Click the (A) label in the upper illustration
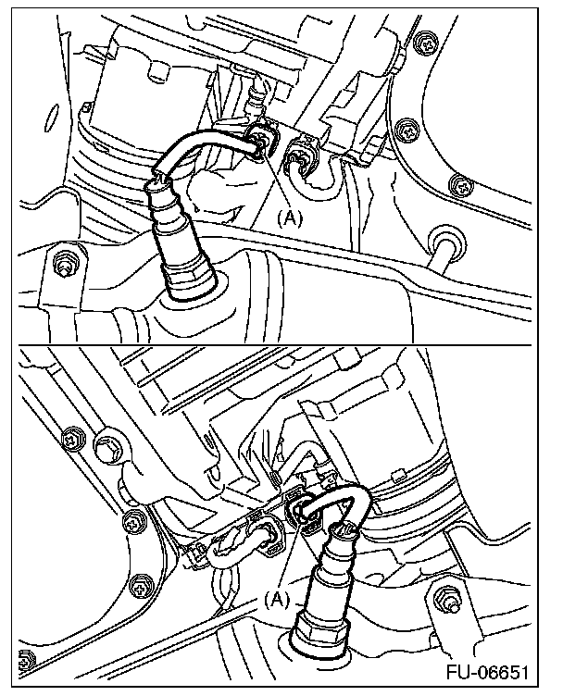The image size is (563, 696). (x=290, y=217)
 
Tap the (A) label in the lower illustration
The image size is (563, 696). (x=277, y=600)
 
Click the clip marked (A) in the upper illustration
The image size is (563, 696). (x=261, y=139)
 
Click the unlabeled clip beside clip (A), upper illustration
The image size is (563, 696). (x=303, y=155)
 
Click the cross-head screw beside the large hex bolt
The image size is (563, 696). (x=74, y=441)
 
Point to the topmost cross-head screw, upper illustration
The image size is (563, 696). (x=427, y=43)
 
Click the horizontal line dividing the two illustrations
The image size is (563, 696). (x=275, y=345)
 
